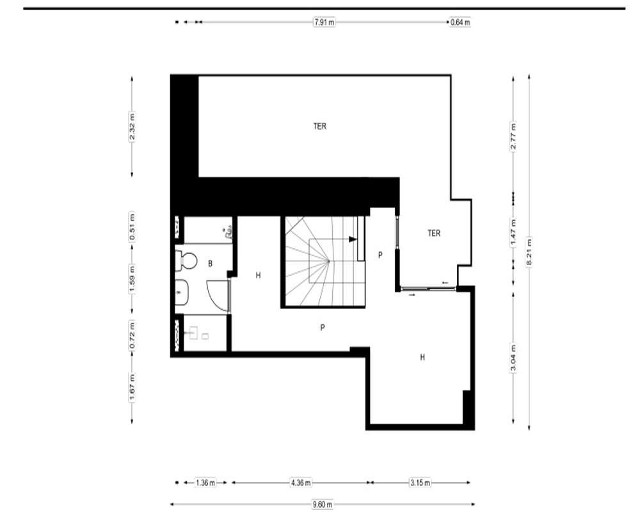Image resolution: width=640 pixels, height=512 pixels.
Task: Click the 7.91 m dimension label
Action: (324, 22)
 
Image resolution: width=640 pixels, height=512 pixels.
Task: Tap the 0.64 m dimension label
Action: (460, 22)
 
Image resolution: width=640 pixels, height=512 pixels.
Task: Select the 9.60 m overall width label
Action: (323, 504)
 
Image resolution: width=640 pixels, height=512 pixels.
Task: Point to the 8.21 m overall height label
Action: (529, 252)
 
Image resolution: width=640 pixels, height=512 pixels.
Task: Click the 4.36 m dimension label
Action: (301, 483)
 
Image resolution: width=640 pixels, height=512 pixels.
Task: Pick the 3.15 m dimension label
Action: (420, 483)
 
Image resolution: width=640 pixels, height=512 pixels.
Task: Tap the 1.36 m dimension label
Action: (205, 483)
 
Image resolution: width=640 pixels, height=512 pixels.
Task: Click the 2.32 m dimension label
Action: (132, 126)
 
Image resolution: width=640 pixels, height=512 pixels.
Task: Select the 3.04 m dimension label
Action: (513, 358)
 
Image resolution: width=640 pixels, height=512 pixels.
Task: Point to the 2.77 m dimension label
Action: (513, 136)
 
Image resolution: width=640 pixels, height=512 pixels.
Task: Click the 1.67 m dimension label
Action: (132, 387)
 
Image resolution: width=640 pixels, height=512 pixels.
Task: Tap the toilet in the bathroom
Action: (186, 260)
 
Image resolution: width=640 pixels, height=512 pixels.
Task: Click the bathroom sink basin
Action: (182, 292)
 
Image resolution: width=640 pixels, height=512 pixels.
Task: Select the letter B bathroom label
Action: (210, 264)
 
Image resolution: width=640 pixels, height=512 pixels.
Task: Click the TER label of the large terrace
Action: (319, 126)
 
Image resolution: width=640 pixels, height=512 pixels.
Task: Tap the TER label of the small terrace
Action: (434, 233)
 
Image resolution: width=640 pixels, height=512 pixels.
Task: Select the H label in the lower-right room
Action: (422, 357)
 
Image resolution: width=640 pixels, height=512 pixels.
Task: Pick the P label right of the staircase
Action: (380, 255)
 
